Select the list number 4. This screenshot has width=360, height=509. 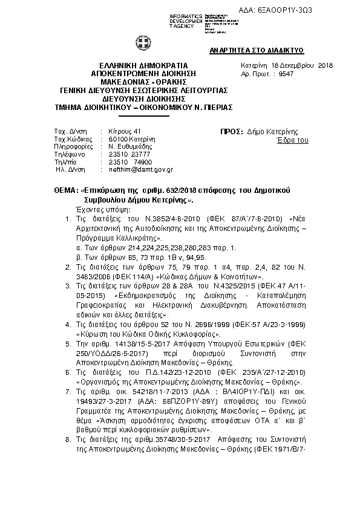tap(68, 324)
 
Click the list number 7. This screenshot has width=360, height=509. tap(68, 392)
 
